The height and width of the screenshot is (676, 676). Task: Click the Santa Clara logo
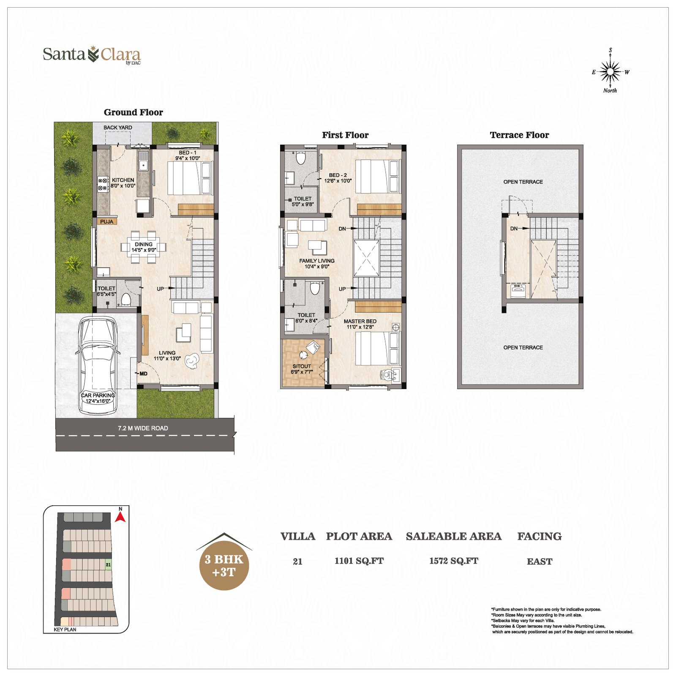(x=92, y=55)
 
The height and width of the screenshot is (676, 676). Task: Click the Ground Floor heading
(x=134, y=112)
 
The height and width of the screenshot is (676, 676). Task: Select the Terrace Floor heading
(x=519, y=135)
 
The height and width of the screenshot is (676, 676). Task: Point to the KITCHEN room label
(x=123, y=180)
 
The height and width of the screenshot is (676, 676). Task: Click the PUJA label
(x=106, y=221)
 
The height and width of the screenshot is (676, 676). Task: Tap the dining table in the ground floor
(x=144, y=247)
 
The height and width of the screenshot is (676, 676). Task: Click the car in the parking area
(x=97, y=365)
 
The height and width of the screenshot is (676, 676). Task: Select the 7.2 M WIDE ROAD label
(x=143, y=428)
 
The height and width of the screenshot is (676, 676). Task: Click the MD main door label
(x=143, y=373)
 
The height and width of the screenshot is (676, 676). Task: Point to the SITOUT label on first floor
(x=302, y=366)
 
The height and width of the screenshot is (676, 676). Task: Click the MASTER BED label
(x=360, y=321)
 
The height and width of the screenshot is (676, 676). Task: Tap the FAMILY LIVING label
(x=317, y=261)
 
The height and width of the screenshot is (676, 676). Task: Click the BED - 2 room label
(x=338, y=175)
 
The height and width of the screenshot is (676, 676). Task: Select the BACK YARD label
(x=118, y=128)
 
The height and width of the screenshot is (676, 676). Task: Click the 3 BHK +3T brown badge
(x=224, y=565)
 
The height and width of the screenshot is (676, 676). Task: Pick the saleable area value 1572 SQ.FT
(x=454, y=561)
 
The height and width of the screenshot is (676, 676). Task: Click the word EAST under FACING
(x=540, y=562)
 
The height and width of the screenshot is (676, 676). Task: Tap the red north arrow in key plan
(x=120, y=517)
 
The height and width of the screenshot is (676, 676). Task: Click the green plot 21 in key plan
(x=108, y=564)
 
